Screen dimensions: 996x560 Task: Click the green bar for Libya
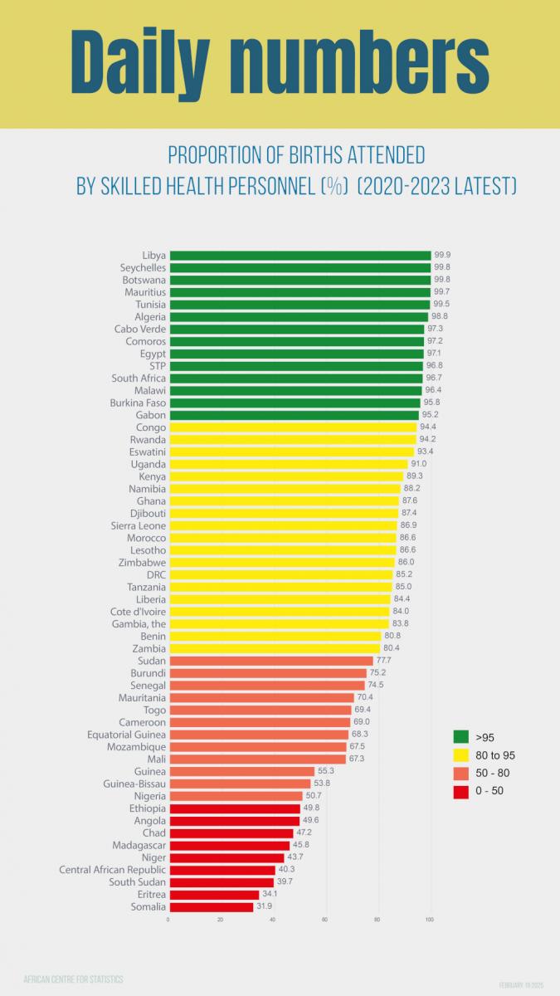pos(299,256)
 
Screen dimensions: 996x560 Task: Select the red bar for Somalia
pos(211,906)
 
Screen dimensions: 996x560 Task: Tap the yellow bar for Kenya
pos(285,476)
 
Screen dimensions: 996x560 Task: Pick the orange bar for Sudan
pos(270,661)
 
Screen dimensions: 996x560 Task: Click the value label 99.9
pos(443,256)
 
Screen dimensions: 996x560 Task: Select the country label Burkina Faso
pos(138,403)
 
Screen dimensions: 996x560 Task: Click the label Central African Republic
pos(112,870)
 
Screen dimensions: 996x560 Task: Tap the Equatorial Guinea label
pos(126,735)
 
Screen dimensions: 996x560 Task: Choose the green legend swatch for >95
pos(461,736)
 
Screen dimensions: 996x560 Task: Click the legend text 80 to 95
pos(495,755)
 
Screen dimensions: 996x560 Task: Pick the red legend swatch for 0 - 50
pos(461,791)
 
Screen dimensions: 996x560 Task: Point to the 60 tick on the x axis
pos(325,920)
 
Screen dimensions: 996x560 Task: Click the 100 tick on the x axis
pos(430,920)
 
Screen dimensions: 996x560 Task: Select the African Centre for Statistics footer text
pos(74,979)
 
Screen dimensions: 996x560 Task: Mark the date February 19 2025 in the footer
pos(521,984)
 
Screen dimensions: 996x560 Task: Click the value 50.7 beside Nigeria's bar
pos(314,796)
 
